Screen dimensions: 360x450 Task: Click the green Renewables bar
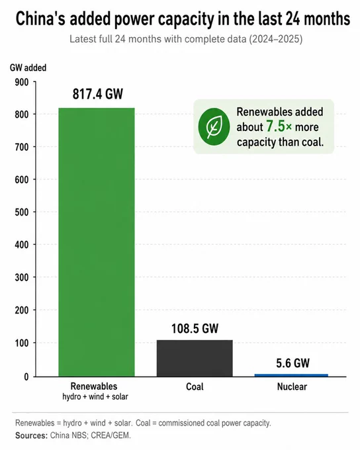click(x=97, y=242)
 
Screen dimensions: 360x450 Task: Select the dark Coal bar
click(x=195, y=358)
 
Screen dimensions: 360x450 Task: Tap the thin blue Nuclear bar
click(x=291, y=375)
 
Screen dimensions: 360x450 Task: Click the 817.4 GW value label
click(x=97, y=94)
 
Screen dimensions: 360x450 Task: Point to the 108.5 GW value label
click(x=195, y=328)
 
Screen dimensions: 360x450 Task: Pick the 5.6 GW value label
click(x=292, y=363)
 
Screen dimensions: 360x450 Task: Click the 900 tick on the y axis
click(x=22, y=82)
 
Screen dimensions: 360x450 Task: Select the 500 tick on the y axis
click(x=22, y=212)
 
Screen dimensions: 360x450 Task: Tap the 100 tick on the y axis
click(x=22, y=343)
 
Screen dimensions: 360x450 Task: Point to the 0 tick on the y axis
click(x=26, y=377)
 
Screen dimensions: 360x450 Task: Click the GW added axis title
click(x=28, y=67)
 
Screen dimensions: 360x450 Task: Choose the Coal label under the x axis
click(x=195, y=386)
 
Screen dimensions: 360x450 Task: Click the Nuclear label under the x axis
click(x=292, y=386)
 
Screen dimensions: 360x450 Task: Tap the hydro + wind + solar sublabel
click(x=95, y=396)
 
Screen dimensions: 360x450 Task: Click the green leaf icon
click(x=214, y=126)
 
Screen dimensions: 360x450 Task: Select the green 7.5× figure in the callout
click(x=279, y=126)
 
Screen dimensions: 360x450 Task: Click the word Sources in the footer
click(x=31, y=435)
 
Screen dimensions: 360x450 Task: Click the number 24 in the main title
click(x=292, y=19)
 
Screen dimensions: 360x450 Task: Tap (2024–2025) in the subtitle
click(x=275, y=39)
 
